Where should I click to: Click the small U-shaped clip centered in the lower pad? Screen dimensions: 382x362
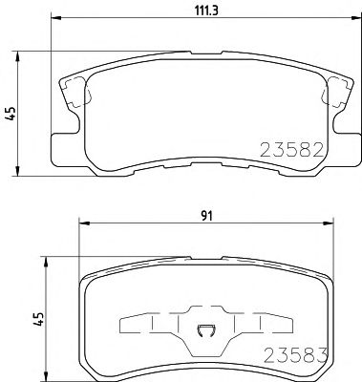point(203,333)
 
